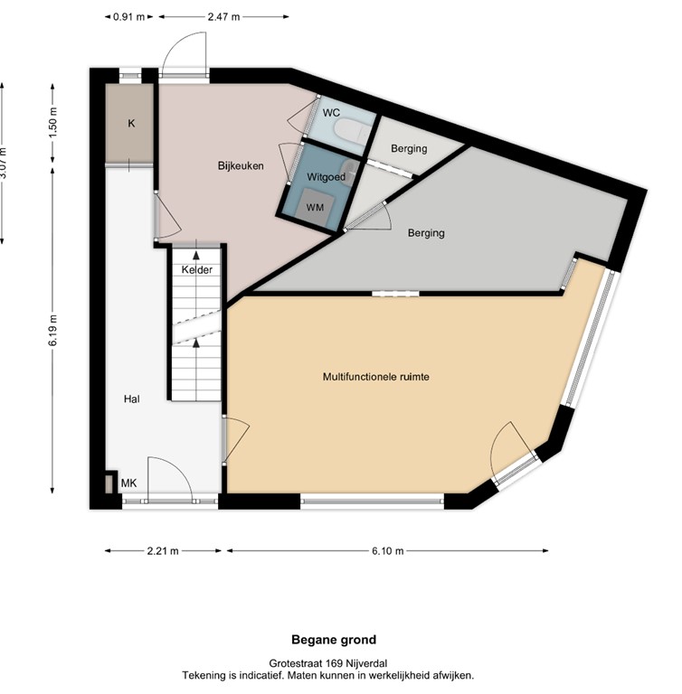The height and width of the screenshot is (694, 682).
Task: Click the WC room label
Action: (x=330, y=113)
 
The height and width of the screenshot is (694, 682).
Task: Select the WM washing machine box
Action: (x=316, y=207)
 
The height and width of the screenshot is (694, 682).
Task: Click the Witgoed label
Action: (x=326, y=177)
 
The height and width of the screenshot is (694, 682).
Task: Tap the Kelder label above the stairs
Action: (x=196, y=270)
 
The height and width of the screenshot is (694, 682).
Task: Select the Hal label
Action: (x=132, y=398)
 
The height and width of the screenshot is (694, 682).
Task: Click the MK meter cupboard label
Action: (x=129, y=484)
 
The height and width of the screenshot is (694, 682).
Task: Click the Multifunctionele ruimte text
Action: (x=375, y=377)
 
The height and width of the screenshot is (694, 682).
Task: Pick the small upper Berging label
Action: (x=408, y=148)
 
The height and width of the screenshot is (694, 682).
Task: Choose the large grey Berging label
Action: (x=426, y=233)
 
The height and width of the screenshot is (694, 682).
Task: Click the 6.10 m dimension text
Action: (x=387, y=550)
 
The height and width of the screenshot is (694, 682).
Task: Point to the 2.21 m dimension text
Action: (x=163, y=550)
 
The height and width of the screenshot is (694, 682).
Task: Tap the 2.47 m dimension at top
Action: (x=223, y=15)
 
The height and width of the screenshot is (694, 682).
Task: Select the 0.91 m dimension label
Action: (x=128, y=15)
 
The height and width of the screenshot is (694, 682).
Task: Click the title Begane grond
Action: (x=340, y=640)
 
